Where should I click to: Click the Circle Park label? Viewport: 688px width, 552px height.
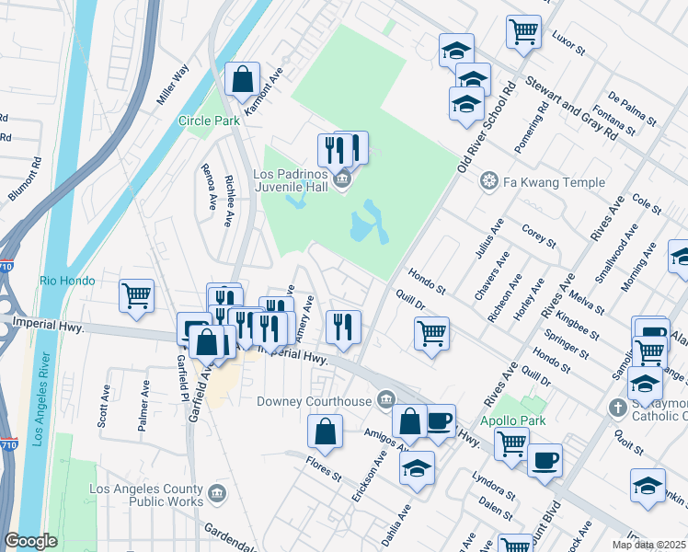(x=209, y=121)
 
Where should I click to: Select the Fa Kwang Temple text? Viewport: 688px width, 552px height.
(x=554, y=182)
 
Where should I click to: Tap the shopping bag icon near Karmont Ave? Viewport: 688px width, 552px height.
(x=243, y=81)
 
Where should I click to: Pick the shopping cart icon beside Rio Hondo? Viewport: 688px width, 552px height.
(x=136, y=296)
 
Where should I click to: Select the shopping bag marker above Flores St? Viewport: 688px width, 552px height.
(x=326, y=431)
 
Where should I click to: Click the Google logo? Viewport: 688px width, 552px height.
(x=30, y=542)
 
